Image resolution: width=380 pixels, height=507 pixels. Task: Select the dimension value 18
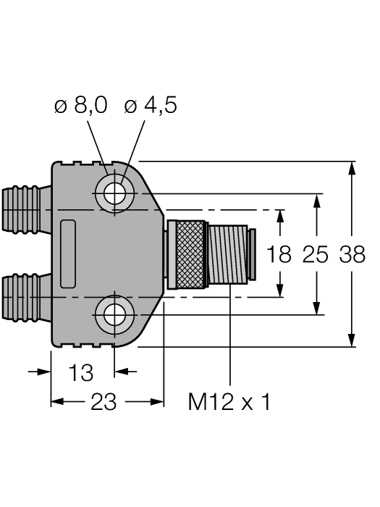tap(279, 254)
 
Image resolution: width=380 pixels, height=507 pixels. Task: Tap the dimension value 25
tap(315, 254)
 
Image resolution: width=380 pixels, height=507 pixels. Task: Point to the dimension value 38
tap(352, 254)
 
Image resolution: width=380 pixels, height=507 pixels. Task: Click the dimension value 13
tap(82, 373)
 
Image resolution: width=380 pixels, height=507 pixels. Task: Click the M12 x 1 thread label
tap(229, 402)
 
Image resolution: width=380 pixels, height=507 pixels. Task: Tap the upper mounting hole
tap(114, 193)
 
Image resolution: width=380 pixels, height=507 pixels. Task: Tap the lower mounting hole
tap(114, 314)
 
